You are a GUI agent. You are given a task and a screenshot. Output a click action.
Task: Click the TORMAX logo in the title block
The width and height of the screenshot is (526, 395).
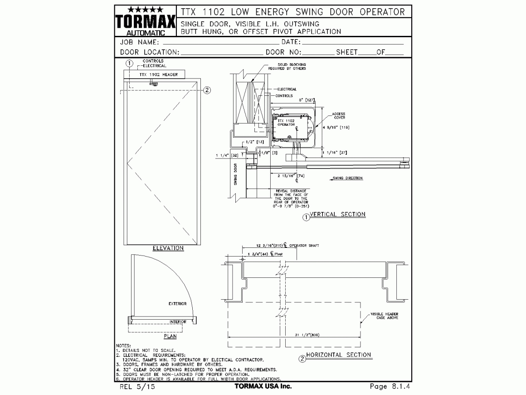[145, 21]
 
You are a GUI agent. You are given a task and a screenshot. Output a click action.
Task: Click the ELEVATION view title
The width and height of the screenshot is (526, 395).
[168, 248]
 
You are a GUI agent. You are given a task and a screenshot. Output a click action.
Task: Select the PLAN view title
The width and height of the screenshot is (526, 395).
[170, 336]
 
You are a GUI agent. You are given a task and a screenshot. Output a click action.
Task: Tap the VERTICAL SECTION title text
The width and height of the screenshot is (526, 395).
[337, 214]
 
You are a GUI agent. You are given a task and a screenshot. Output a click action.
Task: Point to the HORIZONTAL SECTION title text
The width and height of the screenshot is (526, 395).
[338, 355]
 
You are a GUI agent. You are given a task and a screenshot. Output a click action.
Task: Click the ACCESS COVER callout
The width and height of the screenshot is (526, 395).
[338, 116]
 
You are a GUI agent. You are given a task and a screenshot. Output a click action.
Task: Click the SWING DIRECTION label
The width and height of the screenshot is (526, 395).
[347, 178]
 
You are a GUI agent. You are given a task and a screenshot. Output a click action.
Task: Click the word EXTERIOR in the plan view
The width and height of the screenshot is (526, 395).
[177, 304]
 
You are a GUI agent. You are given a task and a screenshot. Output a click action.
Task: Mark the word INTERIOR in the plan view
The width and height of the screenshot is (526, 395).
[178, 321]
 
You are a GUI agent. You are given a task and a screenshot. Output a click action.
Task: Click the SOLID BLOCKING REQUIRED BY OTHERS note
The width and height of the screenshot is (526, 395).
[290, 66]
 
